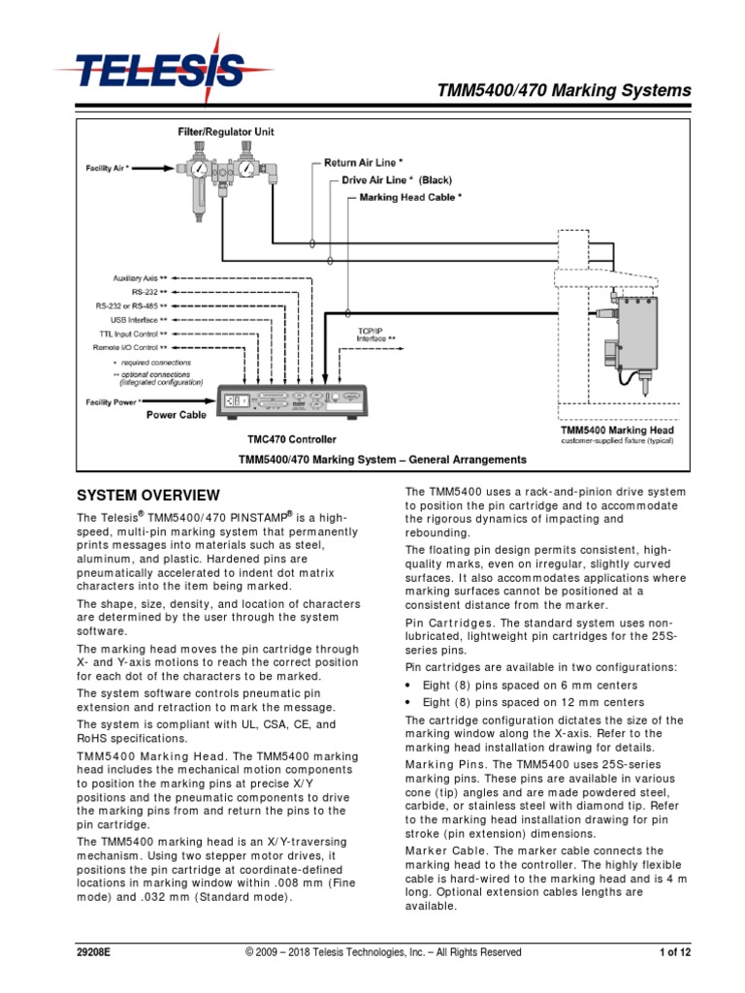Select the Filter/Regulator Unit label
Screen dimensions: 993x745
point(229,130)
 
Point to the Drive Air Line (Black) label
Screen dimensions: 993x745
point(397,179)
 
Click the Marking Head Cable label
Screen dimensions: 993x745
point(410,197)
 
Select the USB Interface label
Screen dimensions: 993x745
point(138,318)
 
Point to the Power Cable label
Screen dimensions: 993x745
point(176,414)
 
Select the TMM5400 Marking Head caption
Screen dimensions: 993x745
point(617,430)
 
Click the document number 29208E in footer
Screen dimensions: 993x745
point(94,953)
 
